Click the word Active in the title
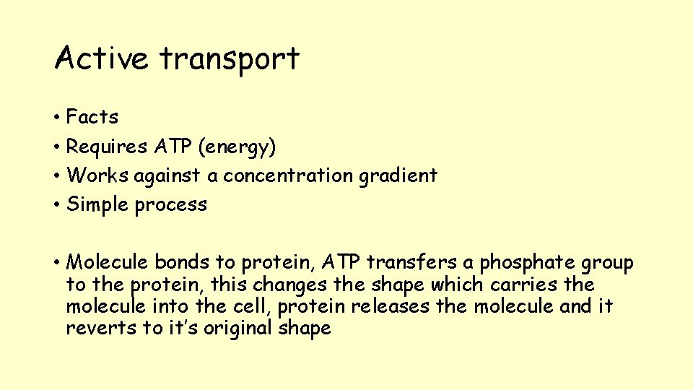[x=102, y=58]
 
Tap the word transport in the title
[x=230, y=59]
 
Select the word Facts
[x=92, y=117]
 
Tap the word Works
[x=97, y=175]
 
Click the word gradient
[x=403, y=176]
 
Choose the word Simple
[x=97, y=205]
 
